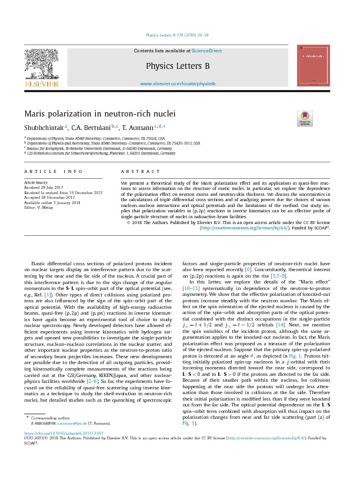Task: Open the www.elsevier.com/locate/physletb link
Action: click(178, 84)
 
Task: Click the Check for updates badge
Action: click(306, 117)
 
